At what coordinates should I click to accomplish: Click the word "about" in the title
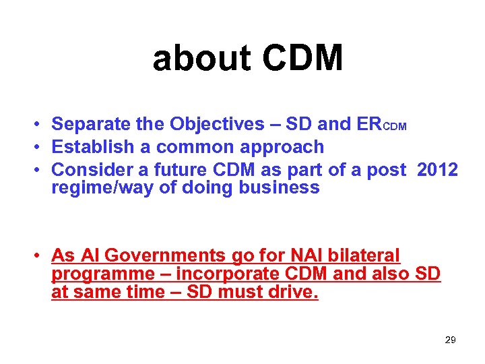click(201, 58)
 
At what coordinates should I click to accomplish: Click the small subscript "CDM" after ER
click(395, 127)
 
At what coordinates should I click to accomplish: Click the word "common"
click(183, 147)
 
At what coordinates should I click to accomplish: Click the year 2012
click(437, 170)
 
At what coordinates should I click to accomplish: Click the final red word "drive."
click(294, 292)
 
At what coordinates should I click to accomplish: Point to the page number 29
click(450, 340)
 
